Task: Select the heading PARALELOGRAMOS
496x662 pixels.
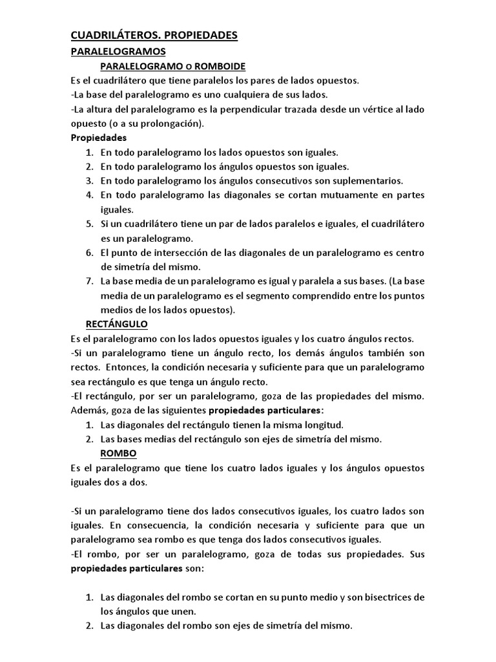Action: [x=118, y=51]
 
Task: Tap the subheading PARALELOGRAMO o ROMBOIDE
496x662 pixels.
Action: [x=172, y=67]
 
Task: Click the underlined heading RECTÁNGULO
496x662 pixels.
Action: [x=117, y=323]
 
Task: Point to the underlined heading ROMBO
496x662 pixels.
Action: [x=118, y=454]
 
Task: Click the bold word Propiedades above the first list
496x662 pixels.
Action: [x=98, y=138]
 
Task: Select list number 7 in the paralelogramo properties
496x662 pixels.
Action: [x=88, y=281]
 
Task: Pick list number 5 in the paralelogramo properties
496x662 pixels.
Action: [x=88, y=224]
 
